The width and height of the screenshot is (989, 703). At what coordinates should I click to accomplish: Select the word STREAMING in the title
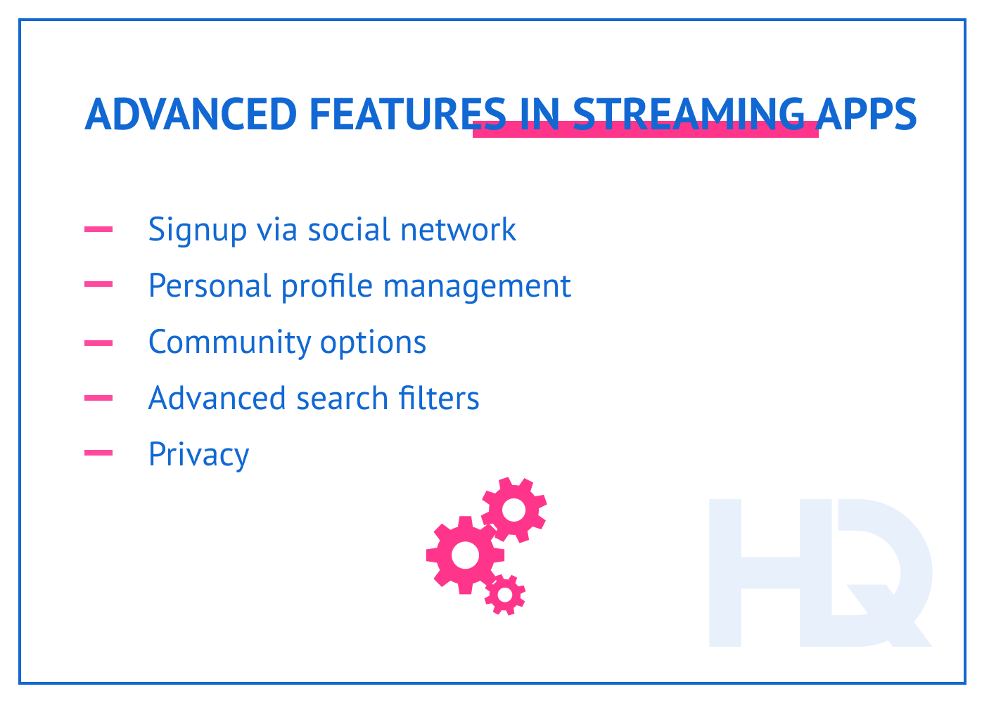coord(688,114)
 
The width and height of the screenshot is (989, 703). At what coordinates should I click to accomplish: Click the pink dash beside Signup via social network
coord(98,228)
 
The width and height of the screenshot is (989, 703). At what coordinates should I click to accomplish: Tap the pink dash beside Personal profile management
coord(98,285)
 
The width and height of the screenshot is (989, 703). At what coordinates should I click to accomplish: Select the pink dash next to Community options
coord(98,342)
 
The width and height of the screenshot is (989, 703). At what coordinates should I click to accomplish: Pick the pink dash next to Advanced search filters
coord(98,398)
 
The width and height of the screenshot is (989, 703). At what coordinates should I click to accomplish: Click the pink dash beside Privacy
coord(98,453)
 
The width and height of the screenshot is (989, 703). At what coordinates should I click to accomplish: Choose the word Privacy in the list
coord(198,456)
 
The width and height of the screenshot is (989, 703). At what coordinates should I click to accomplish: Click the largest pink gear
coord(464,555)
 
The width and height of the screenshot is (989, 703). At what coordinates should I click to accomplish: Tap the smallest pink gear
coord(504,595)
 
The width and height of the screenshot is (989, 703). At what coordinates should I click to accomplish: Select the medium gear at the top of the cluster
coord(514,510)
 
